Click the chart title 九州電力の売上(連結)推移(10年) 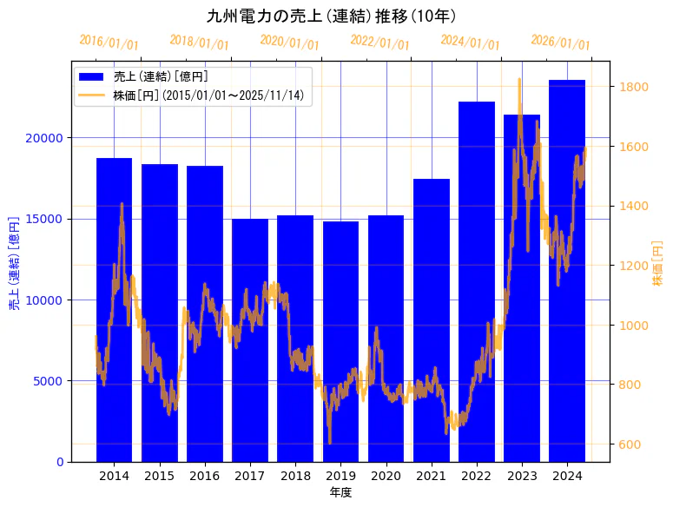pyautogui.click(x=332, y=16)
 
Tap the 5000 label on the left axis pyautogui.click(x=49, y=381)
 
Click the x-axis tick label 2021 pyautogui.click(x=432, y=476)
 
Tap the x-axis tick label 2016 pyautogui.click(x=205, y=476)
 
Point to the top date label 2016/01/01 pyautogui.click(x=109, y=43)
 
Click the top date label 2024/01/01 pyautogui.click(x=470, y=43)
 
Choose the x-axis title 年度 pyautogui.click(x=340, y=492)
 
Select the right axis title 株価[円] pyautogui.click(x=657, y=263)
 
